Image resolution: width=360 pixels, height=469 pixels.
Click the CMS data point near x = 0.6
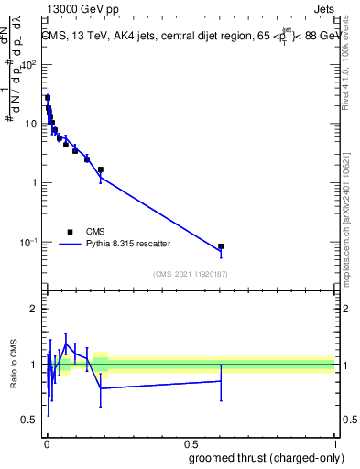click(x=221, y=246)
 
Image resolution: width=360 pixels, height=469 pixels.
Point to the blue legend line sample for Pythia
click(x=70, y=245)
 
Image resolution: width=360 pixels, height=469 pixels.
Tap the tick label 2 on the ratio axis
click(x=35, y=309)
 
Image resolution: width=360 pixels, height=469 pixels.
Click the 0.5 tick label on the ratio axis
click(x=31, y=420)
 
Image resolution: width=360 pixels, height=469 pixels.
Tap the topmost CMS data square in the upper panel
click(x=48, y=98)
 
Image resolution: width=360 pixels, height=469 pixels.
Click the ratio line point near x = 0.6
click(x=221, y=380)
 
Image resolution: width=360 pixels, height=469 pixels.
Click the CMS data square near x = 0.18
click(x=101, y=169)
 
